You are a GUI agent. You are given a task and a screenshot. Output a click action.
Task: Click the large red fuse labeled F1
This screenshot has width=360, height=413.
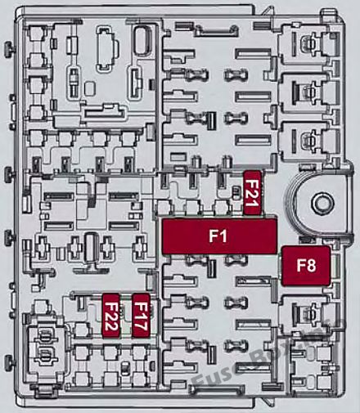[219, 236]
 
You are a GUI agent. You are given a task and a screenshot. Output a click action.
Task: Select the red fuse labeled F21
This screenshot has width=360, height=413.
[253, 192]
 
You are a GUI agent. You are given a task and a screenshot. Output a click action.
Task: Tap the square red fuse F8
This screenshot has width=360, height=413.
[306, 266]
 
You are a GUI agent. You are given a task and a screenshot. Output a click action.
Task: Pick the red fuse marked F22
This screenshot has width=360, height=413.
[111, 316]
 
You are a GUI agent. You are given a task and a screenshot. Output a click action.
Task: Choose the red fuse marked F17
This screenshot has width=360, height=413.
[141, 316]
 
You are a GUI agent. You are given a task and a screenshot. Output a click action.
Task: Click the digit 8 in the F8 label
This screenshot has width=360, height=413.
[312, 266]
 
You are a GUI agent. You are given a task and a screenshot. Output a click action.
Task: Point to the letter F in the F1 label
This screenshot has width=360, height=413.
[214, 236]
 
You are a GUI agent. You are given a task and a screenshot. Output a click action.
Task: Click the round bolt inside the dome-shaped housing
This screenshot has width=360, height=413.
[322, 204]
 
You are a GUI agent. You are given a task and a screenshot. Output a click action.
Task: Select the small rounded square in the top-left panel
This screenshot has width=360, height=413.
[90, 88]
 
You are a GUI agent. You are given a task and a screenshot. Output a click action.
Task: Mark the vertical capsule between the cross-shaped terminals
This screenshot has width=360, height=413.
[91, 249]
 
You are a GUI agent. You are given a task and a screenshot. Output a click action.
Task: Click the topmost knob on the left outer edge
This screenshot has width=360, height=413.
[8, 49]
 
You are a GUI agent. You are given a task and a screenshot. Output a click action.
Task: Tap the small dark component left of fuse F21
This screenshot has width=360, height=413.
[236, 191]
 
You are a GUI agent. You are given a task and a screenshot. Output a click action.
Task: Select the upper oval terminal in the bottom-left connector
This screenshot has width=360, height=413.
[43, 336]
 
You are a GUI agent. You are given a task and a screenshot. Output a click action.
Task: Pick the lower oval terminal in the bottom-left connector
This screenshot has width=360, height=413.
[43, 353]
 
